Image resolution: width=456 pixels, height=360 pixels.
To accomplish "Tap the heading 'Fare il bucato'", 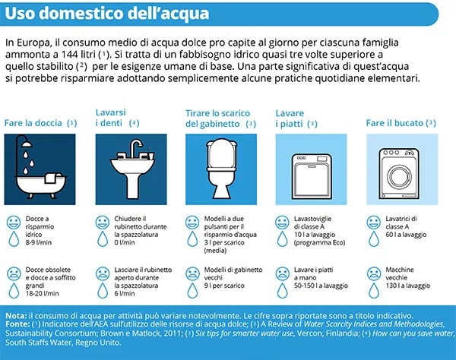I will point(393,123).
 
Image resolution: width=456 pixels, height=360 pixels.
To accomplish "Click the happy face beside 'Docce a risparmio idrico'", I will point(14,223).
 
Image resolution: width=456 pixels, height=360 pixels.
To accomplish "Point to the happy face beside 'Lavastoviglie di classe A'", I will point(284,223).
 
